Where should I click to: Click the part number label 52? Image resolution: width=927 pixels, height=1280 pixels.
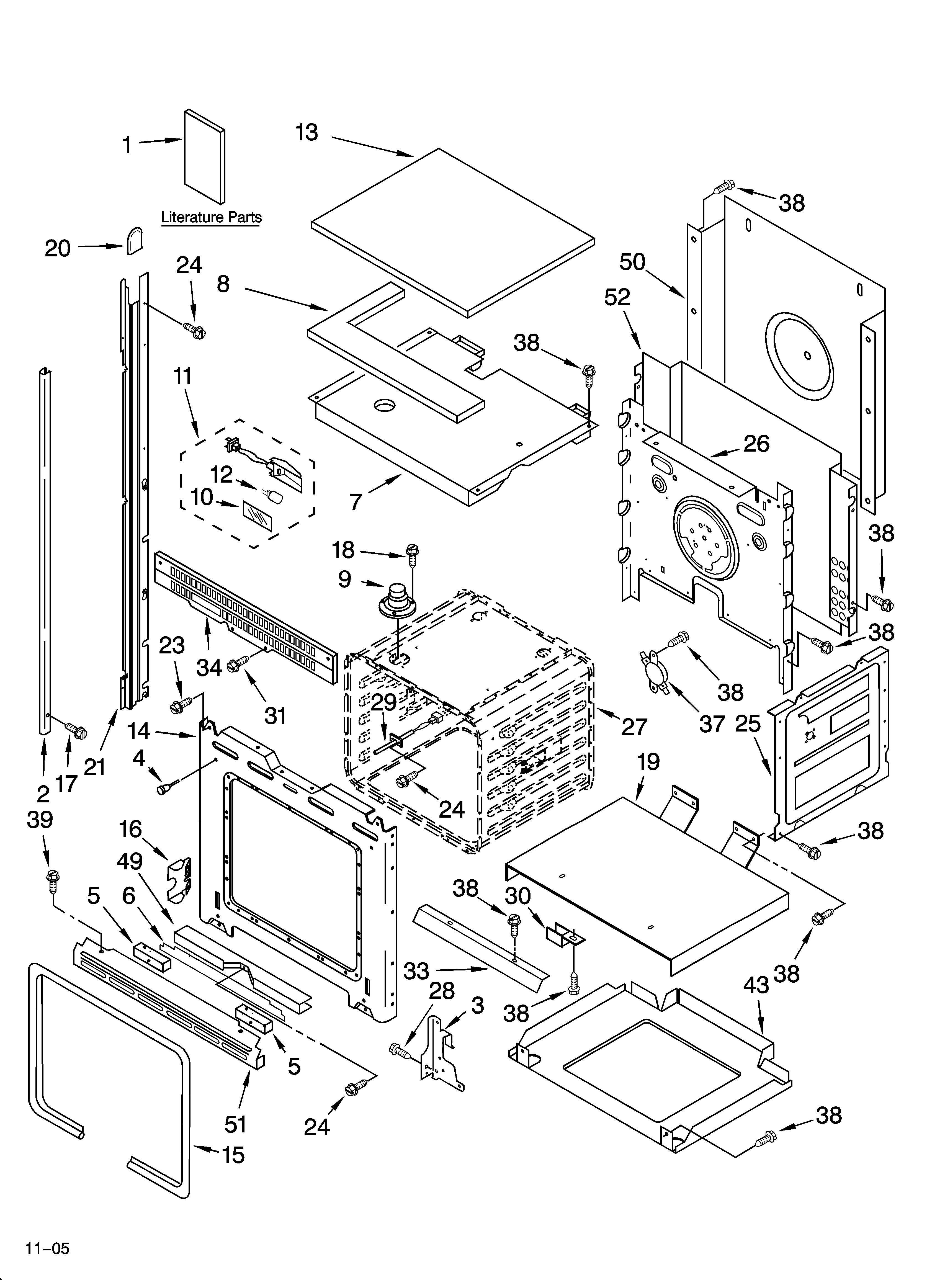pyautogui.click(x=617, y=297)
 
